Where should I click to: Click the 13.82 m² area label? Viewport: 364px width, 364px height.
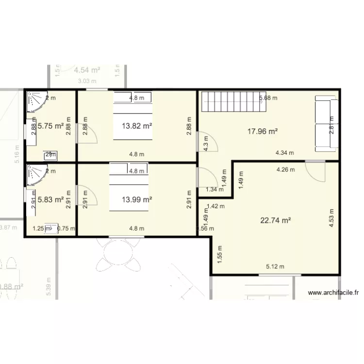point(137,126)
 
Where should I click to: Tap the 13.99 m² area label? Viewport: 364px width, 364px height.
point(137,199)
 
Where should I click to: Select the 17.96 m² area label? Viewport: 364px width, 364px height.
point(262,131)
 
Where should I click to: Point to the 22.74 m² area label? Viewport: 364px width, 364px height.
point(275,220)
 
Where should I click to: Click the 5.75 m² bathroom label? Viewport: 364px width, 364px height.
point(51,126)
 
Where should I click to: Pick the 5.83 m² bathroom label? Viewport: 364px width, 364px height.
point(51,199)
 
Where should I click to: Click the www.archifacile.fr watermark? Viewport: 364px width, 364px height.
point(333,293)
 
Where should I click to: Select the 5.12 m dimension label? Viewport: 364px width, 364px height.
point(275,266)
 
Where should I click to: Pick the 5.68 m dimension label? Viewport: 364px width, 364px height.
point(268,98)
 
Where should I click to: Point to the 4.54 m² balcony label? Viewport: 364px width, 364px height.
point(87,70)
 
